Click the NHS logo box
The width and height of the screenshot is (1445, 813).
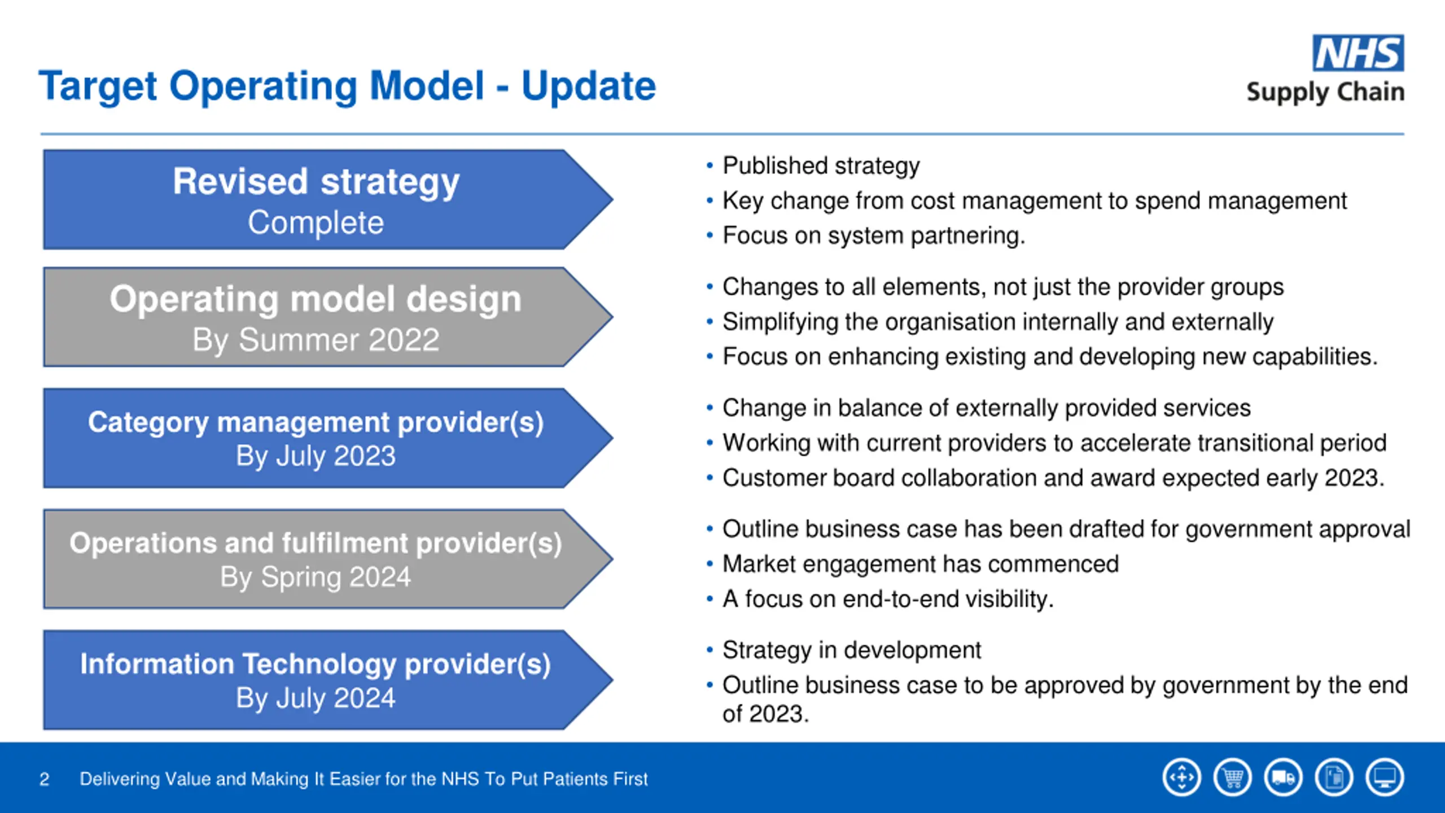[x=1358, y=53]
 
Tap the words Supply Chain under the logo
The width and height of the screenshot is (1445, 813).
[x=1325, y=92]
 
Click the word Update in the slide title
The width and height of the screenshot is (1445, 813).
[x=588, y=86]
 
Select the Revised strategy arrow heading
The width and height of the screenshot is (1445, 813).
[x=316, y=182]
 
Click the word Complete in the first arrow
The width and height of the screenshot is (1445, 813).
[x=316, y=222]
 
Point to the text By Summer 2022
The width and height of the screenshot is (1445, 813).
[x=316, y=340]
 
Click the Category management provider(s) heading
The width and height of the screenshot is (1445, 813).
[x=316, y=422]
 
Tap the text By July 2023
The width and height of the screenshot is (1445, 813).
[x=316, y=456]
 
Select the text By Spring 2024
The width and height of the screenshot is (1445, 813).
[x=316, y=577]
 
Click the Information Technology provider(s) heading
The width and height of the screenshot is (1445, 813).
[x=316, y=664]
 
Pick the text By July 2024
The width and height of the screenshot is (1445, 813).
[x=316, y=698]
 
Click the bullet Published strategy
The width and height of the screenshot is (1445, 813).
[x=821, y=166]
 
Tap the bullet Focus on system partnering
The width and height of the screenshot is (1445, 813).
[x=874, y=235]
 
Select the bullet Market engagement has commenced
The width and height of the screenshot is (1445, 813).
[x=920, y=564]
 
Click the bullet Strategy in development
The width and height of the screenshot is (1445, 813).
[x=851, y=650]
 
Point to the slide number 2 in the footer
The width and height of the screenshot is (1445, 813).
[x=45, y=779]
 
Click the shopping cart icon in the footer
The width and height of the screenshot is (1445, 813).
[x=1233, y=777]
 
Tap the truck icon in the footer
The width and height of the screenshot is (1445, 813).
[x=1284, y=777]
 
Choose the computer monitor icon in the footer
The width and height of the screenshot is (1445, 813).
[x=1385, y=777]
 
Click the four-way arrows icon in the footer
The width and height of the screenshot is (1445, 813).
[x=1182, y=777]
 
